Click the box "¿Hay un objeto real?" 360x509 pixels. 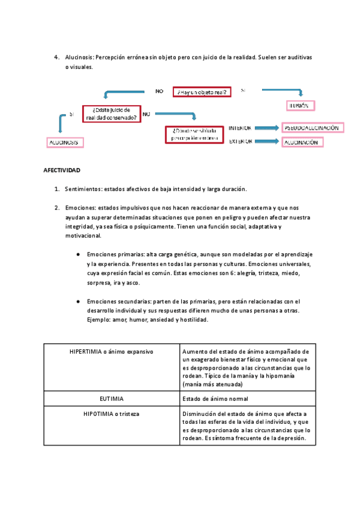[202, 92]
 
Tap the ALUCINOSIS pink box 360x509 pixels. [65, 142]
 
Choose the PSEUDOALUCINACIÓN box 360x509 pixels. [312, 128]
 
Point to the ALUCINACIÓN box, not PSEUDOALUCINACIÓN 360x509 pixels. [302, 142]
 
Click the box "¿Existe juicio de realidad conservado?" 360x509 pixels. [115, 114]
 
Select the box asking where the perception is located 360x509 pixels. [193, 133]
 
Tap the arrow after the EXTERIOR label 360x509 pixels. [267, 142]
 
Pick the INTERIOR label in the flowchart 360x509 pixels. [240, 128]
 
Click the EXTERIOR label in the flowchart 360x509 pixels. [240, 142]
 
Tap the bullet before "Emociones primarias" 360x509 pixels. [78, 254]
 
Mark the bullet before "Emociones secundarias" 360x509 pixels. [78, 301]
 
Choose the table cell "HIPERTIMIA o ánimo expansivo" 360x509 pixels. [112, 351]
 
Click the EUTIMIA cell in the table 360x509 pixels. [112, 398]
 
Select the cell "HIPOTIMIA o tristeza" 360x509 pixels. [112, 414]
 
